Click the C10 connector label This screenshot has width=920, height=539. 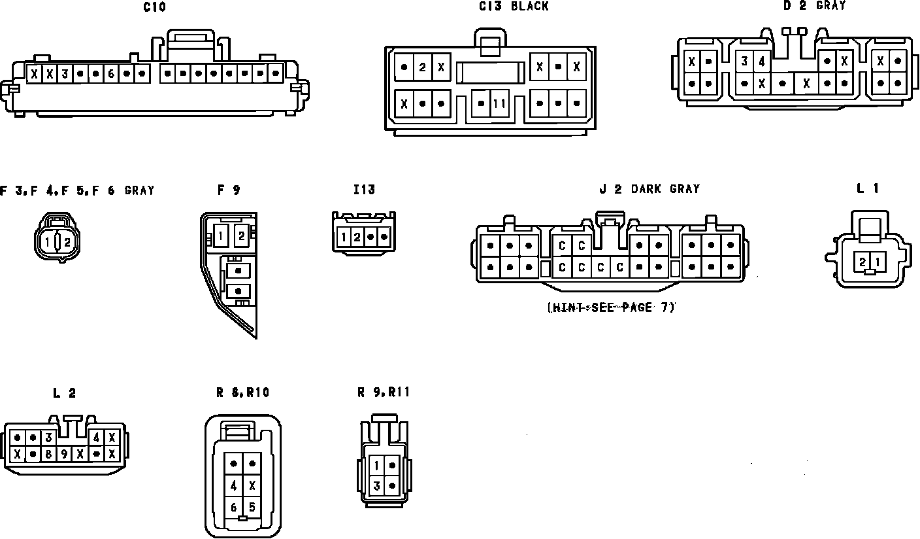(154, 8)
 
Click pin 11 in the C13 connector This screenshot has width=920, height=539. (500, 103)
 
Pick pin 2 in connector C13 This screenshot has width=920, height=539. (423, 67)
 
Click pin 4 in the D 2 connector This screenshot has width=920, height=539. (762, 62)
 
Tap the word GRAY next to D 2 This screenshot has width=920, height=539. (830, 6)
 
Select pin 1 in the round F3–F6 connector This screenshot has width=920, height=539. (48, 243)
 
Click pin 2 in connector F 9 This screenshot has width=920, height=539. (241, 235)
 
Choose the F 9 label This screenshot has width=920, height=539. (229, 190)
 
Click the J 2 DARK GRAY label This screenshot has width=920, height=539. (649, 189)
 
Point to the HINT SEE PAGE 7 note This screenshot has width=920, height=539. (610, 307)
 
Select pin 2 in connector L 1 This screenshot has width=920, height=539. (862, 262)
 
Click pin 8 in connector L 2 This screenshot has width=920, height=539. (49, 453)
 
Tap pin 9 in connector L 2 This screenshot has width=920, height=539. (65, 453)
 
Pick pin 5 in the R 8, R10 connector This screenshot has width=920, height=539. (252, 507)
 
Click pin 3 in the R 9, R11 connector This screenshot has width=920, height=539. (377, 486)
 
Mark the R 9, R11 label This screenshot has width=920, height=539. (384, 392)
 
